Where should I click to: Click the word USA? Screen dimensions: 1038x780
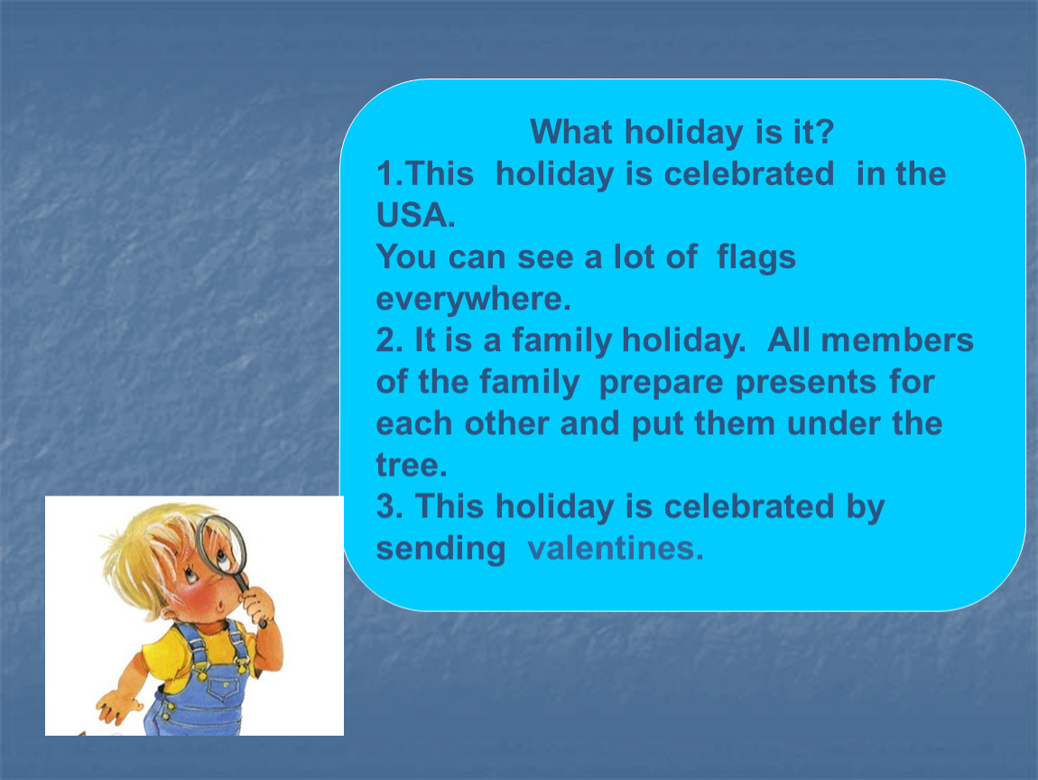[415, 215]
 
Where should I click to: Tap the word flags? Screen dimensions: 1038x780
[756, 257]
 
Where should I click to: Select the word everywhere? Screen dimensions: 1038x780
[473, 299]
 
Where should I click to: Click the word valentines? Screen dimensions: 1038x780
[616, 548]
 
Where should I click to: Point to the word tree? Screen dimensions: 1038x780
[412, 466]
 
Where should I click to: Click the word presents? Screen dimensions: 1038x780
[806, 383]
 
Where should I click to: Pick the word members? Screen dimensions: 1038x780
[897, 340]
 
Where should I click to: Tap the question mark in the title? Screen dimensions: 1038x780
[825, 132]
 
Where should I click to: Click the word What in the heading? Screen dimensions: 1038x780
[571, 132]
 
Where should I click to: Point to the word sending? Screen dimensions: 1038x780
[440, 550]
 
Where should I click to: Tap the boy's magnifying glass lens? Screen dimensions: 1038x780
[221, 545]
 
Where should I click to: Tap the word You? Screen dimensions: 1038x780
[406, 257]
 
